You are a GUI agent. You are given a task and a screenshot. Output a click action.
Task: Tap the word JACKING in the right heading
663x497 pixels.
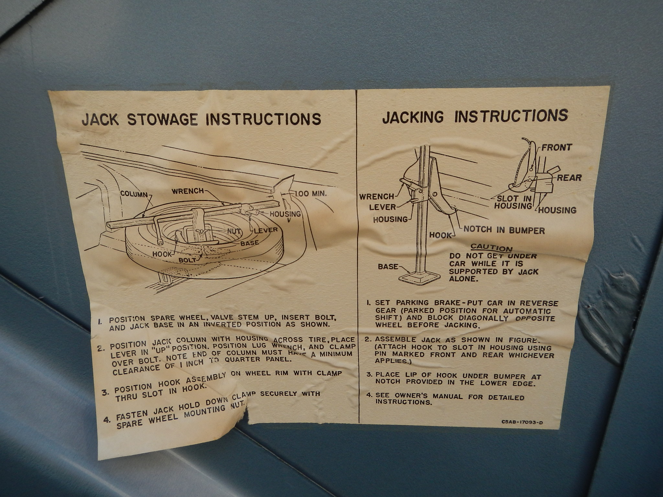click(413, 117)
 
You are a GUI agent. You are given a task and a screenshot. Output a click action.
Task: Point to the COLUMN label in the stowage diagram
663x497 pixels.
click(134, 194)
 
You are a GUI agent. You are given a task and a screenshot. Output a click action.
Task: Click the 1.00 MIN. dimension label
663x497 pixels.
click(311, 194)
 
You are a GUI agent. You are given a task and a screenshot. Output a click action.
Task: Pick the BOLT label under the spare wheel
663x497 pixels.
click(188, 260)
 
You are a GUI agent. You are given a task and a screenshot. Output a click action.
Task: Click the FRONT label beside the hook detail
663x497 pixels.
click(556, 148)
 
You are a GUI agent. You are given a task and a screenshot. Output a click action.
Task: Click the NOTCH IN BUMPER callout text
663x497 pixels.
click(504, 230)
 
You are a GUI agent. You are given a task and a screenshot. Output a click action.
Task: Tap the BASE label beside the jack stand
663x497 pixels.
click(388, 267)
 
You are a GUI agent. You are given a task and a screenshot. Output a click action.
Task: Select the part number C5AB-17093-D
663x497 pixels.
click(522, 422)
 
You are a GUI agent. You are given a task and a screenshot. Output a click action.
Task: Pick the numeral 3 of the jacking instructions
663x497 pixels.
click(369, 375)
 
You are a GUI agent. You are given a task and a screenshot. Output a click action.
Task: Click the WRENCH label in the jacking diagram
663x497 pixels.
click(376, 196)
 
